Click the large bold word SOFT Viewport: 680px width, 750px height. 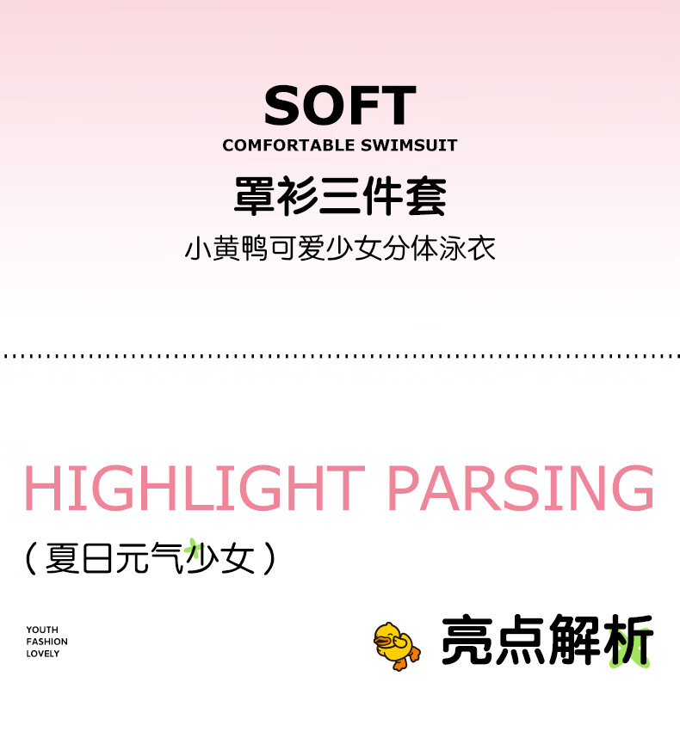pyautogui.click(x=340, y=105)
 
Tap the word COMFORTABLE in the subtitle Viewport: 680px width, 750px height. pyautogui.click(x=288, y=145)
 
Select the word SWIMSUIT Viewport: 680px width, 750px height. pyautogui.click(x=409, y=145)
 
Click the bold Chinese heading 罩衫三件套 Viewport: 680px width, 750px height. pyautogui.click(x=340, y=195)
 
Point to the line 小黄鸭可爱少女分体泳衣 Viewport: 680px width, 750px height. pyautogui.click(x=340, y=249)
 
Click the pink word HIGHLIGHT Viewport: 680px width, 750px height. pyautogui.click(x=195, y=488)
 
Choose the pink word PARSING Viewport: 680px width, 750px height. pyautogui.click(x=522, y=488)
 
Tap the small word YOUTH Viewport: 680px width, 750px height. pyautogui.click(x=42, y=630)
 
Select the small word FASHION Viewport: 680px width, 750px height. pyautogui.click(x=46, y=642)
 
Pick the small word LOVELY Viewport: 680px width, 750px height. pyautogui.click(x=42, y=654)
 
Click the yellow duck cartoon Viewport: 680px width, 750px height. pyautogui.click(x=397, y=646)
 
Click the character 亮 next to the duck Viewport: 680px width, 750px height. pyautogui.click(x=467, y=640)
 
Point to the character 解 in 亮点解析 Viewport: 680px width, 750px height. pyautogui.click(x=574, y=640)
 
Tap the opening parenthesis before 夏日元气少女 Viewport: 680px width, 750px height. pyautogui.click(x=31, y=558)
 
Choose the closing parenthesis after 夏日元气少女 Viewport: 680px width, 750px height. pyautogui.click(x=270, y=558)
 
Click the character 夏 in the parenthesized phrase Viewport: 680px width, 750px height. pyautogui.click(x=62, y=558)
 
